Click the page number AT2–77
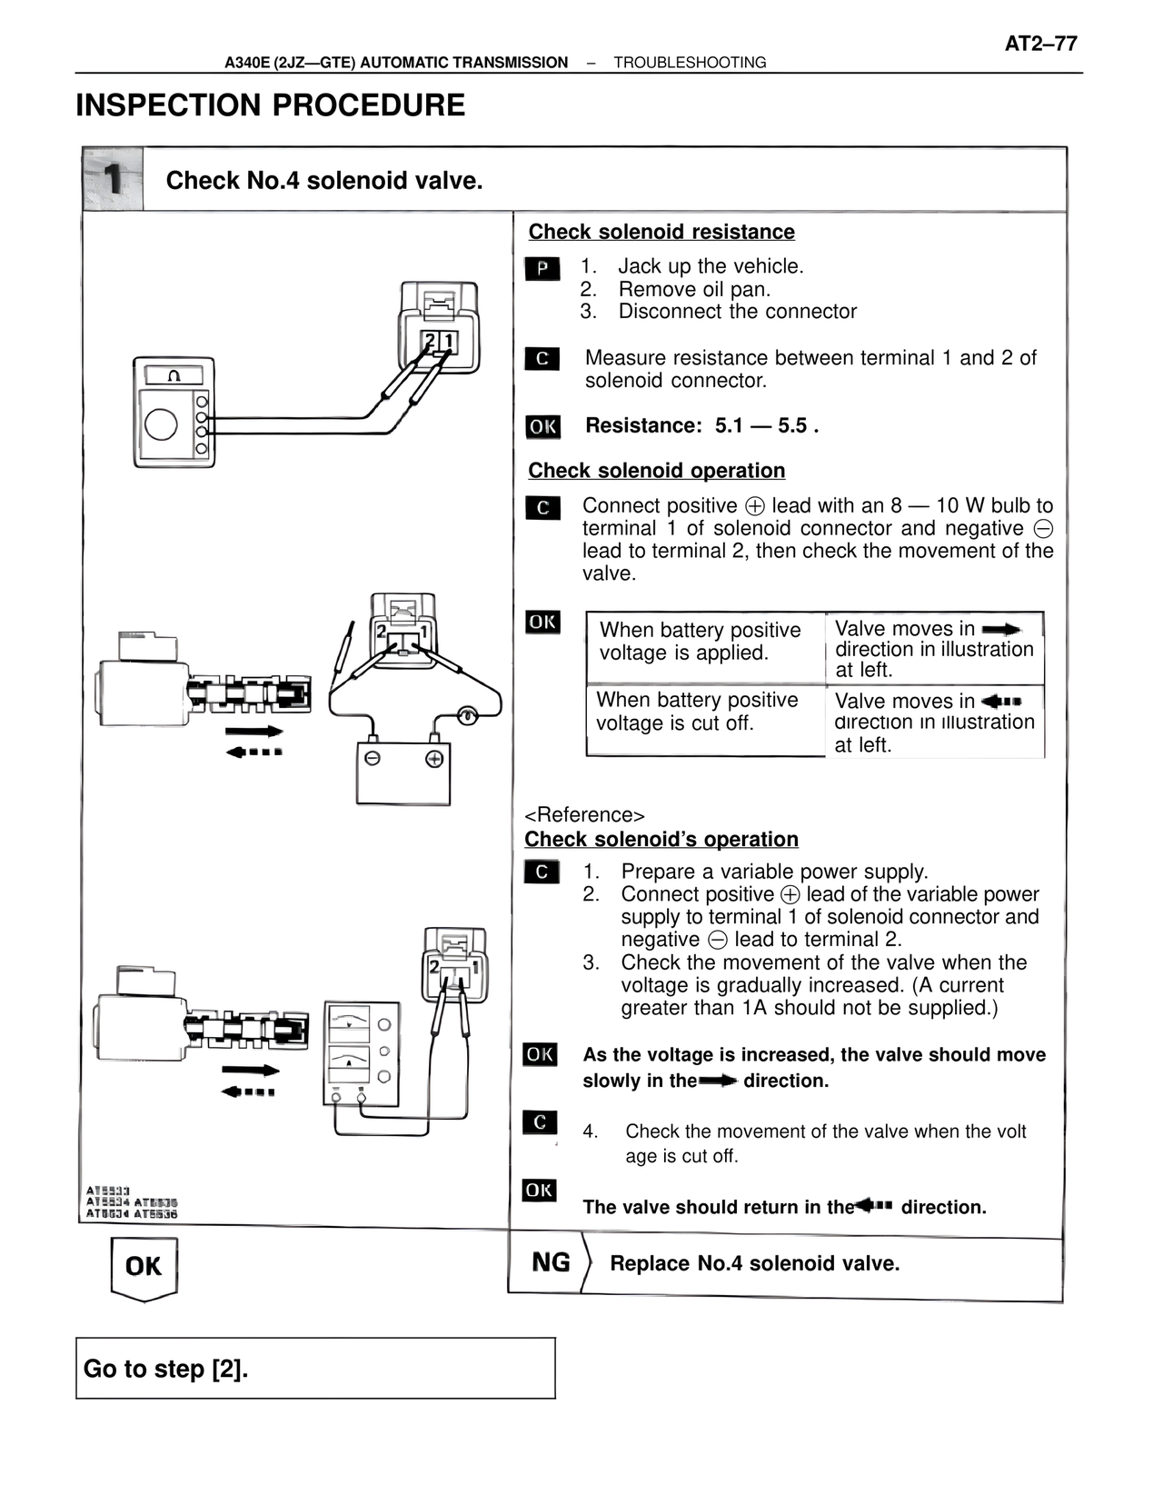coord(1040,43)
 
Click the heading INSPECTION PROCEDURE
coord(270,105)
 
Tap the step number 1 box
coord(113,179)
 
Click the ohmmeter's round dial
coord(162,424)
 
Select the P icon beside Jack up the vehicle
coord(542,269)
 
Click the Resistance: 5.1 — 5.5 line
coord(701,425)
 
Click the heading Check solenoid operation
coord(656,471)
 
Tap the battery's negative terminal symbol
coord(373,759)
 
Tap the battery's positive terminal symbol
coord(434,759)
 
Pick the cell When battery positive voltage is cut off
coord(698,712)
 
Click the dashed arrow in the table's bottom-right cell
coord(1001,701)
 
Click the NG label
coord(551,1262)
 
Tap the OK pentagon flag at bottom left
coord(144,1267)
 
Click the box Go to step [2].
coord(315,1368)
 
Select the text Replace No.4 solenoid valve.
coord(754,1263)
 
